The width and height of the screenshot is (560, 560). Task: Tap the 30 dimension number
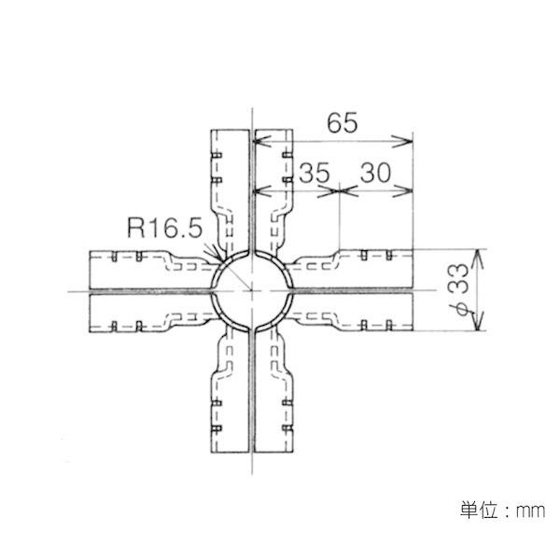[x=375, y=173]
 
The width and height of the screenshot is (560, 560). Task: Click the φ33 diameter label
[x=456, y=289]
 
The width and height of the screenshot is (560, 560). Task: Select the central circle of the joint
[x=252, y=289]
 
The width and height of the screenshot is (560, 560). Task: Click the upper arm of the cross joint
[x=252, y=187]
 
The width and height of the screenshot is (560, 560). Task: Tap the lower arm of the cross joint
[x=252, y=392]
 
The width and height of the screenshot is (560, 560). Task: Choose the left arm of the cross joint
[x=149, y=289]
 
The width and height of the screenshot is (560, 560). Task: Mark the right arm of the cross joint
[x=355, y=289]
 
